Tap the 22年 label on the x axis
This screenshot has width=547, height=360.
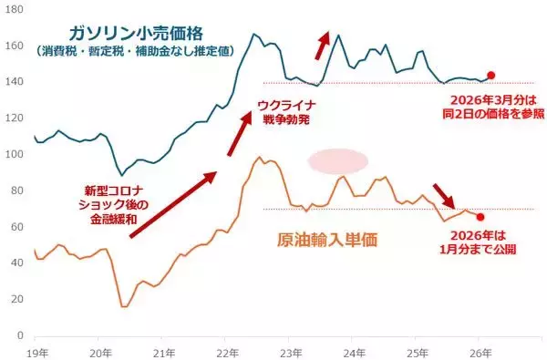[227, 351]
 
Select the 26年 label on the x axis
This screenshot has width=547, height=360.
[480, 351]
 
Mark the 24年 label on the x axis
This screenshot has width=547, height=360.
[354, 351]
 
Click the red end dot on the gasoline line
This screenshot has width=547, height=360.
[491, 76]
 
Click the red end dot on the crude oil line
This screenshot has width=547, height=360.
[480, 217]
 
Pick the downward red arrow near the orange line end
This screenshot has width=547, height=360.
[445, 193]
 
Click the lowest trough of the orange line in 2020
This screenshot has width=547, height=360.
[123, 307]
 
